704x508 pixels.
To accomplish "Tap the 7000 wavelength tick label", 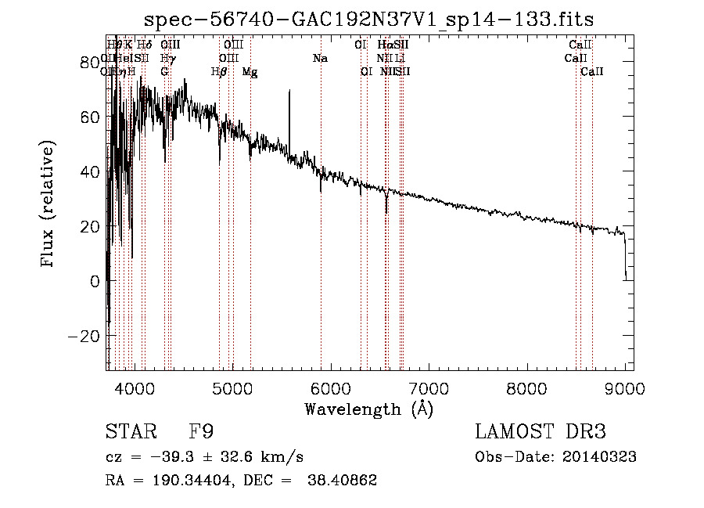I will click(429, 388).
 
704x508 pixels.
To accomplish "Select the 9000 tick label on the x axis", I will click(625, 388).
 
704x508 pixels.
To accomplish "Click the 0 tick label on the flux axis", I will click(95, 280).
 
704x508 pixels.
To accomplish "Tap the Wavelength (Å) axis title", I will click(368, 409).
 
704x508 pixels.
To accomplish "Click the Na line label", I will click(320, 58).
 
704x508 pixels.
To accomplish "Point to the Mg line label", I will click(250, 72).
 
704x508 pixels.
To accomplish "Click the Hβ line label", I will click(220, 72).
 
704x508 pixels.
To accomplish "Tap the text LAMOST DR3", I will click(541, 432).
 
